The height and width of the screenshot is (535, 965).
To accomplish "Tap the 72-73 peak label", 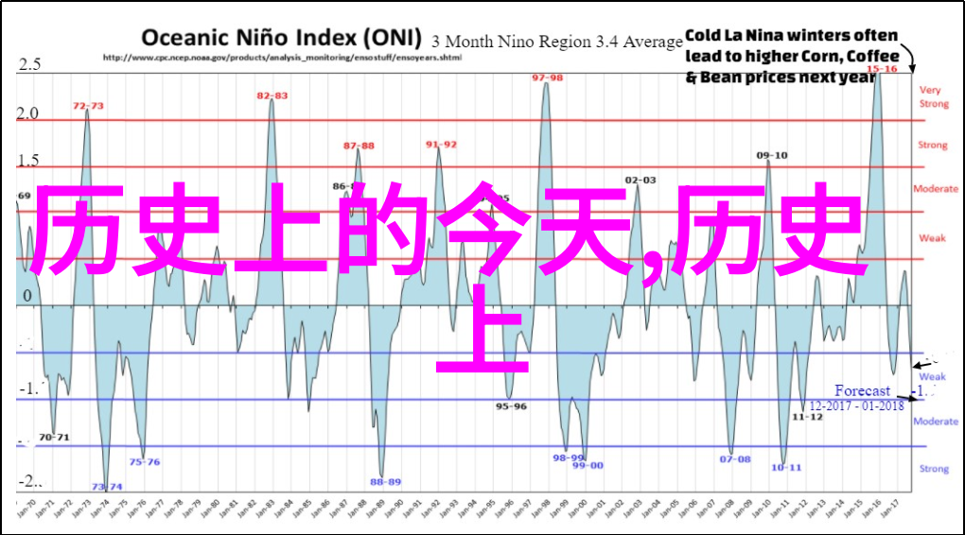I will tap(88, 106).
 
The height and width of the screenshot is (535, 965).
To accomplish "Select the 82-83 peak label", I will tap(272, 95).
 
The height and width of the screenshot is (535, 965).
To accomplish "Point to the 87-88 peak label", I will tap(359, 146).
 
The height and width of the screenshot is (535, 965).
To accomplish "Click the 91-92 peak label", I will tap(441, 144).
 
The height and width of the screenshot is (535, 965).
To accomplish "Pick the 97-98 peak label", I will tap(547, 78).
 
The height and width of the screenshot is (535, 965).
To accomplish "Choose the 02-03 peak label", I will tap(640, 180).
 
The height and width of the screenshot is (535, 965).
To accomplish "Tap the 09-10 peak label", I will tap(772, 155).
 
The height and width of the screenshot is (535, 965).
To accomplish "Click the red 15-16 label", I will tap(882, 69).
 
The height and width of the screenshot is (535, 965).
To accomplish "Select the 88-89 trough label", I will tap(385, 481).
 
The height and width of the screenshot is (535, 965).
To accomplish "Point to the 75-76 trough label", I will tap(145, 461).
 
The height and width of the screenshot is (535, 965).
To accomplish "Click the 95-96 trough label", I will tap(511, 406).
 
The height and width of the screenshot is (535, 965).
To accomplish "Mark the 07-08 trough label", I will tap(734, 459).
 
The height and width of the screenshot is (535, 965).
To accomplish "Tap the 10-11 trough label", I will tap(785, 467).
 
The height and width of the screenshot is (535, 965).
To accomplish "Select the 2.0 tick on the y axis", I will tap(28, 113).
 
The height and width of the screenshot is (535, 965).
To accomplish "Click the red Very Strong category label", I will tap(933, 96).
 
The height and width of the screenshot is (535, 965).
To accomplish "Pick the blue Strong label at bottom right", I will tap(934, 468).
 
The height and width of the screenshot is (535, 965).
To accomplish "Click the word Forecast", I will tap(862, 390).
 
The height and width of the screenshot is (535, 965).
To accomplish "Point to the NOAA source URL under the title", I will tap(282, 58).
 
